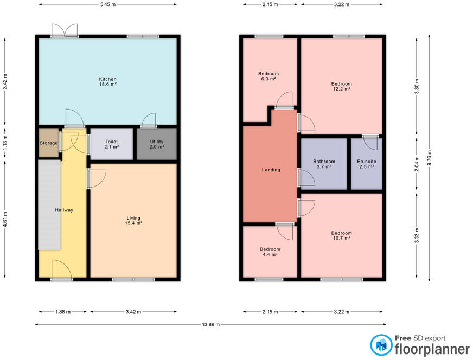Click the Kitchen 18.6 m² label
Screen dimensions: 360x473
click(107, 82)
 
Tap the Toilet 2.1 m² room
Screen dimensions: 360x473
click(111, 144)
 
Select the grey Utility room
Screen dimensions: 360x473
click(156, 144)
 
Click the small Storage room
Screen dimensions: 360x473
click(48, 143)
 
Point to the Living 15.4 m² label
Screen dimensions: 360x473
click(133, 220)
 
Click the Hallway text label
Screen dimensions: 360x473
click(64, 210)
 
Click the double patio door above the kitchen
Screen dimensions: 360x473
click(64, 30)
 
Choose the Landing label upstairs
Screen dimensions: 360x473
click(271, 170)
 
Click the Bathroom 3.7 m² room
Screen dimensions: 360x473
click(324, 164)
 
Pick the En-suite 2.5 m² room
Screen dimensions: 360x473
click(367, 164)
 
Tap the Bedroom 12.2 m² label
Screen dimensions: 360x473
click(341, 86)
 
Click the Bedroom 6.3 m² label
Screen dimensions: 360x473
click(269, 76)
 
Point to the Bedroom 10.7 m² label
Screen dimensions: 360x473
click(341, 235)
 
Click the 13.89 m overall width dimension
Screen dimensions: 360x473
click(210, 324)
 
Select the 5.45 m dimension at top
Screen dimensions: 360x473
click(107, 4)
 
